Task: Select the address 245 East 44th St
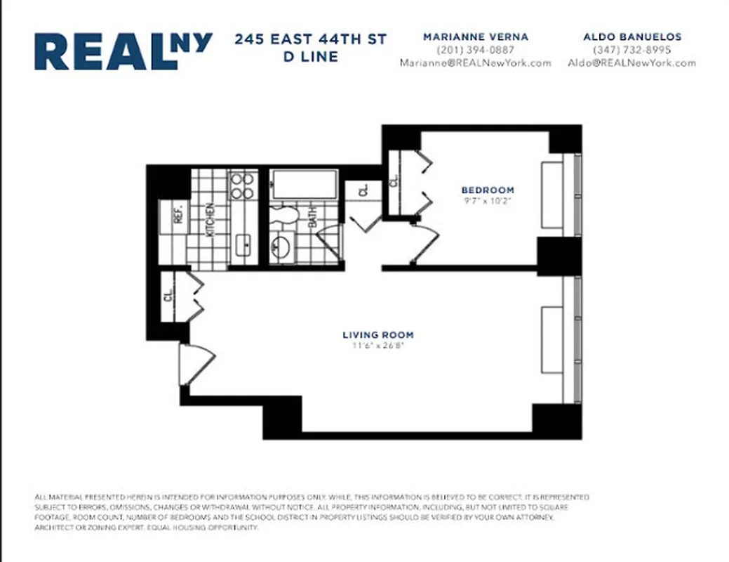tap(310, 39)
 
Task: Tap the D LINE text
tap(310, 57)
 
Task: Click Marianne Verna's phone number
tap(475, 50)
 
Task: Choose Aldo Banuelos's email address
tap(631, 63)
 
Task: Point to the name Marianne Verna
tap(475, 37)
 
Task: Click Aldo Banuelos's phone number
tap(631, 50)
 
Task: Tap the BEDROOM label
tap(487, 190)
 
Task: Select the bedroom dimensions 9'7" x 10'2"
tap(487, 201)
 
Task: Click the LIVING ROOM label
tap(377, 335)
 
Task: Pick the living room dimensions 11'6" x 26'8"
tap(377, 346)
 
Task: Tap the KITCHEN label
tap(209, 220)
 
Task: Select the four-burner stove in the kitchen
tap(243, 185)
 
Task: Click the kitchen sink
tap(245, 245)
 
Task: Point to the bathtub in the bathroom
tap(305, 184)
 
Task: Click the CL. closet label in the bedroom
tap(394, 181)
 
